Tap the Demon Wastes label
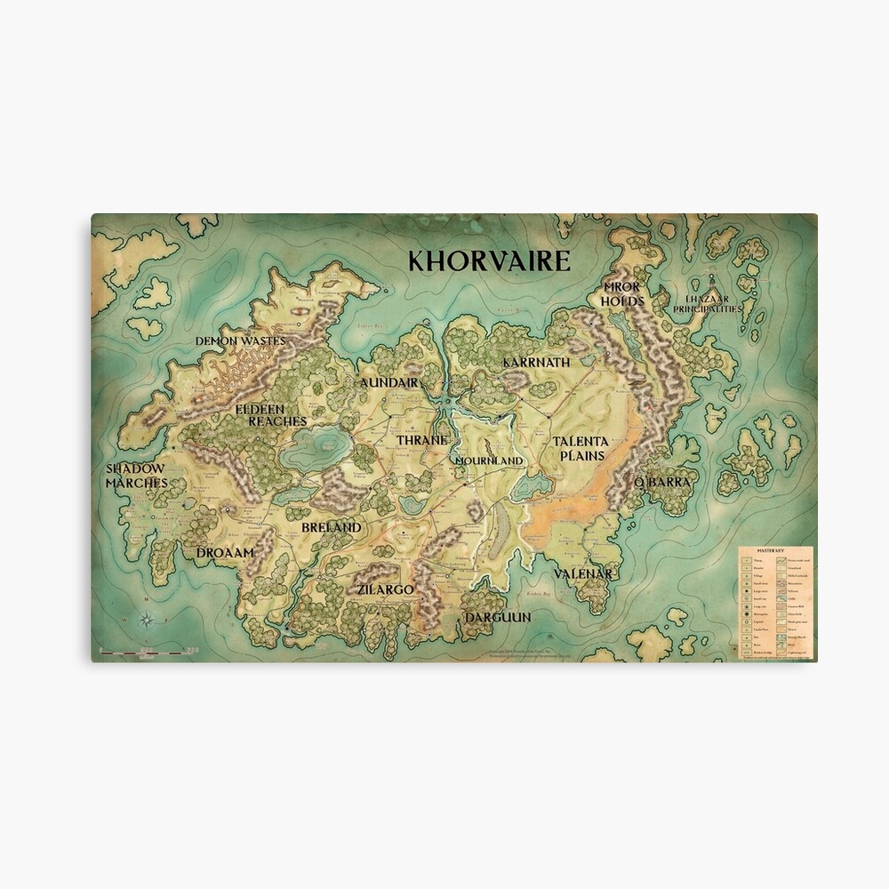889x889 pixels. [x=240, y=340]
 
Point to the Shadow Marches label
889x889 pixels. [x=136, y=476]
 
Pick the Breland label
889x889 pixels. [x=332, y=527]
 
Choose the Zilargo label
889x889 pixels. [x=385, y=589]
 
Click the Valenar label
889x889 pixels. [x=584, y=574]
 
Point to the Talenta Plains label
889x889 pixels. [x=580, y=448]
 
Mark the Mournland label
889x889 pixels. [x=489, y=461]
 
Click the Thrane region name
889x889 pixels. [x=421, y=440]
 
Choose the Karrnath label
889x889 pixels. [x=536, y=363]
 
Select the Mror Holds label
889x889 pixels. [x=623, y=294]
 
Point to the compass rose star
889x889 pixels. [x=148, y=621]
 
